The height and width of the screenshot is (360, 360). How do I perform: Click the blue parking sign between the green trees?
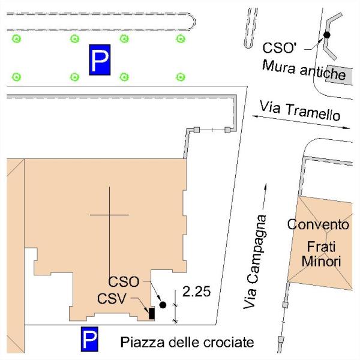[100, 59]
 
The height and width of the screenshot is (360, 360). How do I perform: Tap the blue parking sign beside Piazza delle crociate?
[89, 339]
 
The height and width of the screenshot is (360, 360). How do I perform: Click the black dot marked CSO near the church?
[163, 305]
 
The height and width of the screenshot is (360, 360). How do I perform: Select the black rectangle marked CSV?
[152, 313]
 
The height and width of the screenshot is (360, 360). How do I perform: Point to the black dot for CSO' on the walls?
[327, 35]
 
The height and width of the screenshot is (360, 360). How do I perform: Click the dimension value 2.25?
[197, 292]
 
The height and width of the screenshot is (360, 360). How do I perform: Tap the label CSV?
[112, 299]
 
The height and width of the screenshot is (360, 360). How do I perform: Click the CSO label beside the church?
[124, 282]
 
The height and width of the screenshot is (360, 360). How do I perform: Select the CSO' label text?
[280, 48]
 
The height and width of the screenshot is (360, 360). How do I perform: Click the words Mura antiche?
[304, 70]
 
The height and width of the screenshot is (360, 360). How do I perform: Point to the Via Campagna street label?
[254, 262]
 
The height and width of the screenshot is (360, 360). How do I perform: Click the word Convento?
[318, 224]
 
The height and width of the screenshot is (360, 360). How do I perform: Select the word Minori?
[321, 261]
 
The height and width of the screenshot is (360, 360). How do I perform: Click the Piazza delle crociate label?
[187, 343]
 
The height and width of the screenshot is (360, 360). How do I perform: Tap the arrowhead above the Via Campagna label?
[265, 187]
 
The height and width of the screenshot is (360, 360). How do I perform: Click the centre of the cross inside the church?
[110, 215]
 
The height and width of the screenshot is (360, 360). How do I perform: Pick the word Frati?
[321, 247]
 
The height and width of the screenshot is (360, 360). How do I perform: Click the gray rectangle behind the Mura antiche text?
[339, 75]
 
